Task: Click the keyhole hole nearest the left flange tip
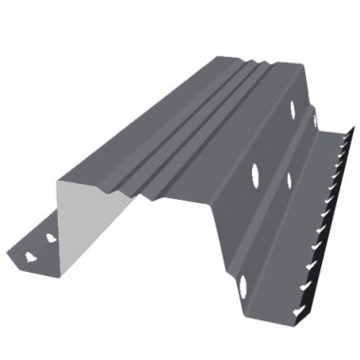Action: (x=31, y=254)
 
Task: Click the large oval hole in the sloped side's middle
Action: (x=255, y=173)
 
